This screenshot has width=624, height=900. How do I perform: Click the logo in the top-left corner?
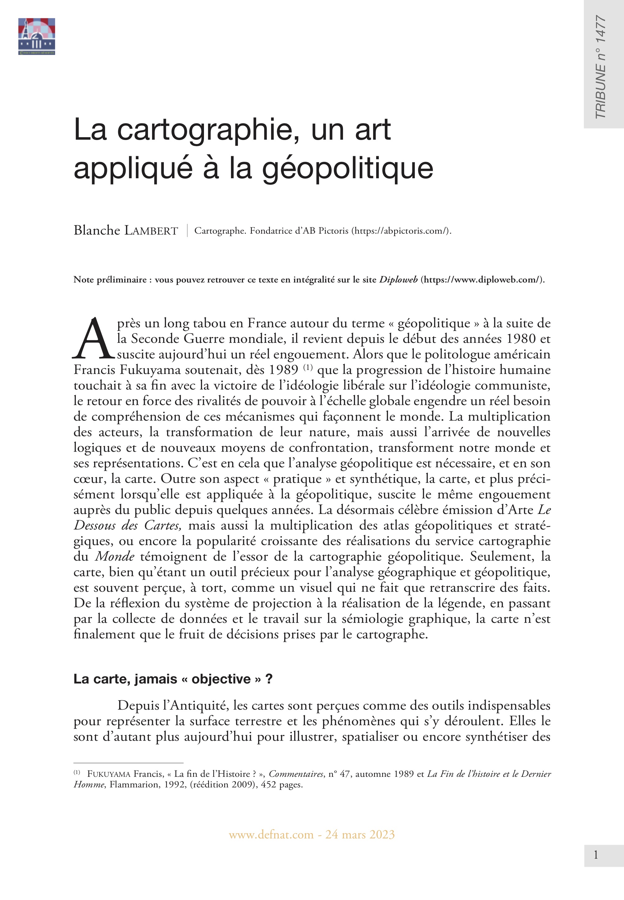coord(36,36)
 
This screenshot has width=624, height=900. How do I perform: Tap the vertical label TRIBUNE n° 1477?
coord(601,67)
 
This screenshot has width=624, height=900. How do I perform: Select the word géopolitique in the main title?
coord(348,169)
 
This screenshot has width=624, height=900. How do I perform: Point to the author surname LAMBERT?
coord(151,231)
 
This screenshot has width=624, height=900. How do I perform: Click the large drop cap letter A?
coord(93,339)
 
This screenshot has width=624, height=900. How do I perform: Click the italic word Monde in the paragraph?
coord(115,557)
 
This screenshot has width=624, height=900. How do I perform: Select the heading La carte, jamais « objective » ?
coord(173,679)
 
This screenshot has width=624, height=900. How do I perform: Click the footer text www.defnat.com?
coord(271,835)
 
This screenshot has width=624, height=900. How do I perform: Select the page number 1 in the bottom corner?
coord(595,855)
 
